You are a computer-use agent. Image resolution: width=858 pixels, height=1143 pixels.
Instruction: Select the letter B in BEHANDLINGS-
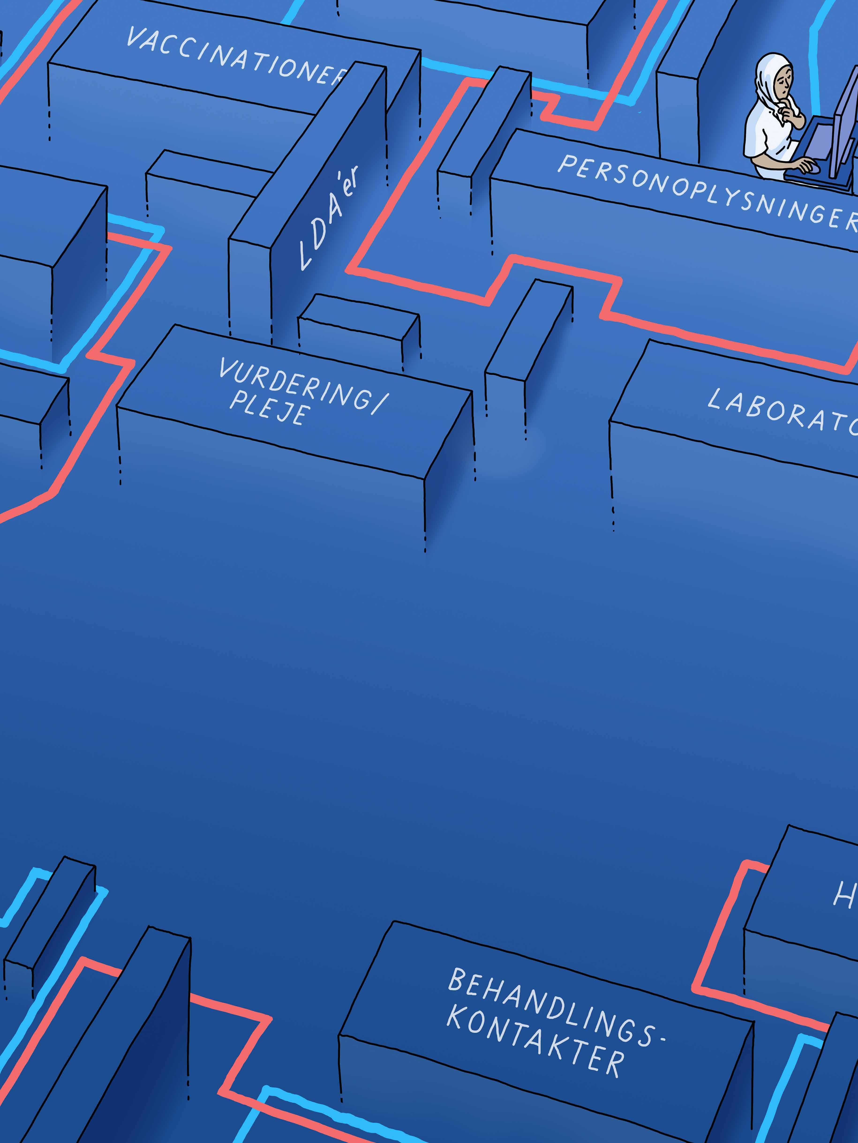point(457,980)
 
